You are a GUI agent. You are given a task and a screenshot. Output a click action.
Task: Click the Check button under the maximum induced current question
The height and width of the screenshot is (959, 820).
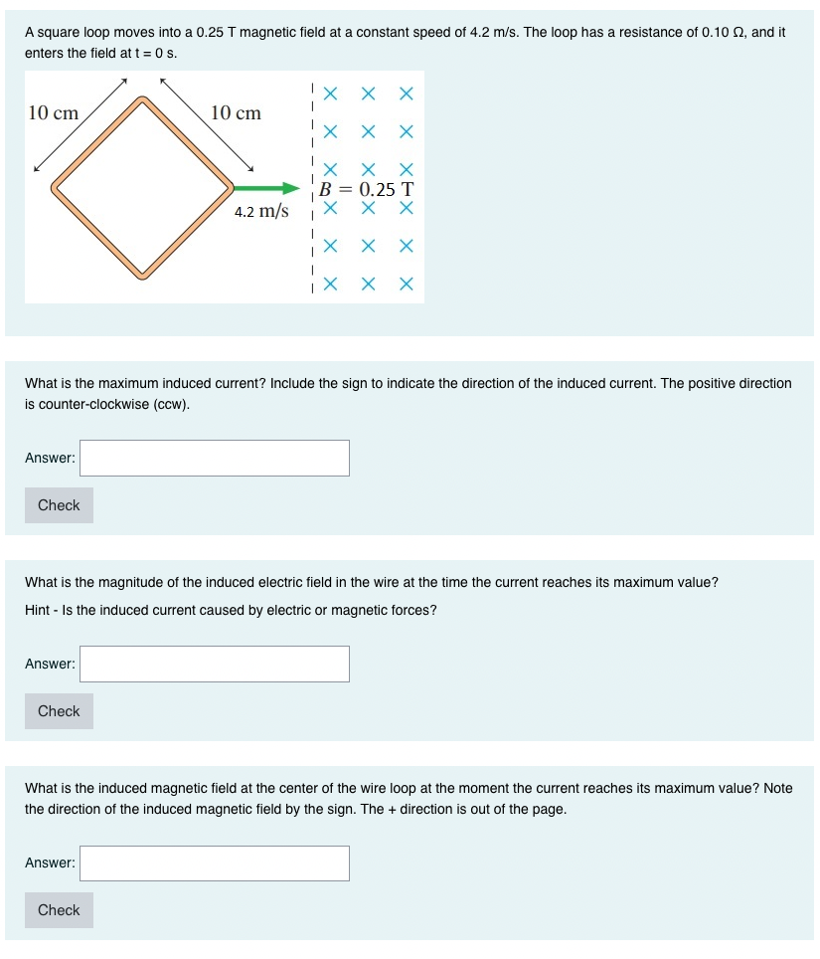click(x=59, y=505)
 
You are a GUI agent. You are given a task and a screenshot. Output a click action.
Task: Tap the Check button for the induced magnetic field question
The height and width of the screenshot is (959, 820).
click(x=59, y=910)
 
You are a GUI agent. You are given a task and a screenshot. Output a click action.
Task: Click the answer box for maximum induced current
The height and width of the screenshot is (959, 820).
click(x=215, y=458)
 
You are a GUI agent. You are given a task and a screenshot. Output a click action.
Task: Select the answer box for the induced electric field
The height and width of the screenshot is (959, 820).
click(x=215, y=664)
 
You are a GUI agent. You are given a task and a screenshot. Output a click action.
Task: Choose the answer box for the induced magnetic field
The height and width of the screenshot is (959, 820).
click(x=215, y=863)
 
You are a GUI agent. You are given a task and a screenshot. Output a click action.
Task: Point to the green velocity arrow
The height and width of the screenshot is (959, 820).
click(x=265, y=188)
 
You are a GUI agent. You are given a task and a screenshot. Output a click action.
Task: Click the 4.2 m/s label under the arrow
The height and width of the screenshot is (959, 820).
click(x=261, y=211)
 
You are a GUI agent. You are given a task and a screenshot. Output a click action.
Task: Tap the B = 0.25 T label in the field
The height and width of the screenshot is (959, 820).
click(x=365, y=189)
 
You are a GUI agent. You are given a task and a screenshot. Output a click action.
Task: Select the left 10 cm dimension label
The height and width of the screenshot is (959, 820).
click(x=53, y=112)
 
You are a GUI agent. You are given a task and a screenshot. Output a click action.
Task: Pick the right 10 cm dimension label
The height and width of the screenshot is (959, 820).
click(x=236, y=112)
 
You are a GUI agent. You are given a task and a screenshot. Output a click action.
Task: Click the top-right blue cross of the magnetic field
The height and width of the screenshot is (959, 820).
click(x=406, y=95)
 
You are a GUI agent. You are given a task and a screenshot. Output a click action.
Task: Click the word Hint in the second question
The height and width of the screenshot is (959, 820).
click(x=38, y=610)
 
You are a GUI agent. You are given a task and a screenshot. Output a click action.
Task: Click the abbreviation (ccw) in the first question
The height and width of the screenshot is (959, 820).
click(x=170, y=405)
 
